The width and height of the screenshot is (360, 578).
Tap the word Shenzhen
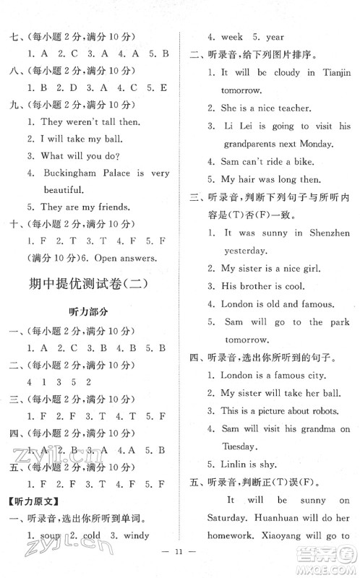[x=326, y=233]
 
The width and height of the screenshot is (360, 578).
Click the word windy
[x=137, y=535]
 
